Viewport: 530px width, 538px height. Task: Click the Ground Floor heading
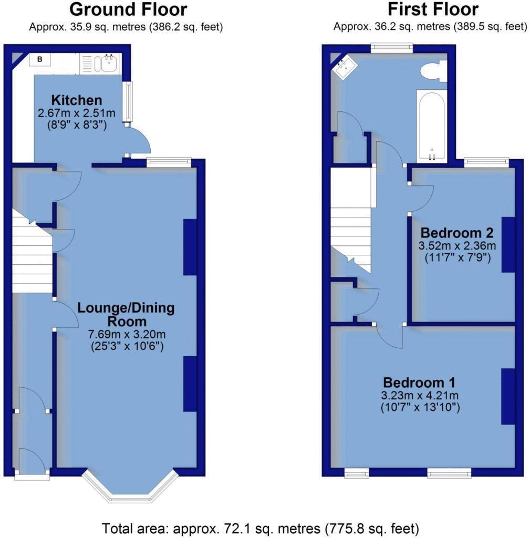click(x=128, y=9)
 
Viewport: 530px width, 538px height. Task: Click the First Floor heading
click(x=433, y=9)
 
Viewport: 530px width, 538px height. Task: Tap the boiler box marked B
click(x=39, y=60)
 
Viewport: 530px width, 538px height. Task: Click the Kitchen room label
click(x=77, y=100)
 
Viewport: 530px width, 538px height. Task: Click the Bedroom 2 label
click(x=458, y=232)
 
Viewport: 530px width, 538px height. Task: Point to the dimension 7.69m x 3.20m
click(x=126, y=334)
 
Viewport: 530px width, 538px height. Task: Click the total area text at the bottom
click(x=260, y=527)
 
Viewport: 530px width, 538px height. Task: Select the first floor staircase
click(x=351, y=226)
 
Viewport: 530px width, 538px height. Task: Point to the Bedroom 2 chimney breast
click(x=508, y=244)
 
